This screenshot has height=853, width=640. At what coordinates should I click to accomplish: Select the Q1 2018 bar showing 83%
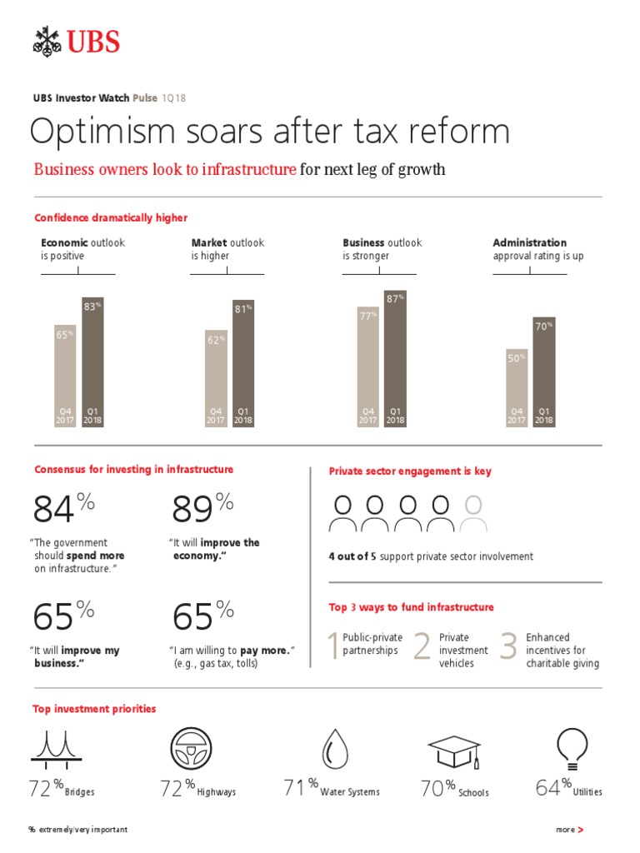92,362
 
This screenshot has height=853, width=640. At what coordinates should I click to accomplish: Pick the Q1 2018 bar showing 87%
395,358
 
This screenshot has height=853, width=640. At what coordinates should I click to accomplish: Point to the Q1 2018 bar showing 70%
543,372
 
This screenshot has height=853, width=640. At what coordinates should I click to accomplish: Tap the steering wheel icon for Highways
190,747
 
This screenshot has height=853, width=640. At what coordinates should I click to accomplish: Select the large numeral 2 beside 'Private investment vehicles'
422,647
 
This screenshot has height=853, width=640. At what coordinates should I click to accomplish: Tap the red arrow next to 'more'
580,831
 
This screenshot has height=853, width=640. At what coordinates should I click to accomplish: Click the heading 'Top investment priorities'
94,709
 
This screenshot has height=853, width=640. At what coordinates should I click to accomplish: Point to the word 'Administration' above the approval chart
529,243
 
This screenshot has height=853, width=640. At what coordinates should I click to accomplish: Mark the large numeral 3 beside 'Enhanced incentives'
508,647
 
